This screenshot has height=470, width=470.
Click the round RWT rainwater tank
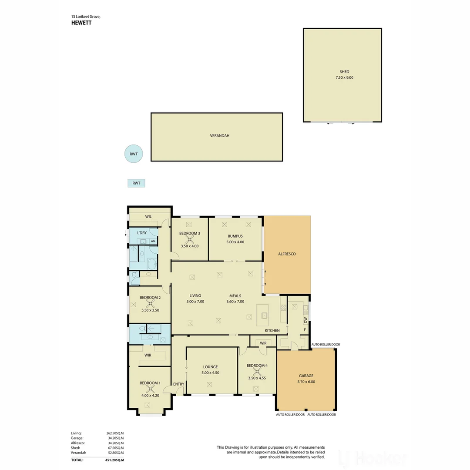tap(133, 154)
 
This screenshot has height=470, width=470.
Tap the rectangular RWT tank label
tap(136, 183)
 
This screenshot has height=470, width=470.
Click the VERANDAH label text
tap(219, 136)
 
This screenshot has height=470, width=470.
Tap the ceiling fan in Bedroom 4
tap(256, 372)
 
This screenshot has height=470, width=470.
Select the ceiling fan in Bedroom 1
tap(151, 389)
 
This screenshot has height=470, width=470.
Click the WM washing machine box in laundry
tap(153, 241)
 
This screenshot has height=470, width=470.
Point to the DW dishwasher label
tap(306, 320)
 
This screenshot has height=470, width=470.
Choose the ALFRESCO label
tap(287, 254)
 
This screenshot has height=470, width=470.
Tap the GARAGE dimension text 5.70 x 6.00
tap(306, 382)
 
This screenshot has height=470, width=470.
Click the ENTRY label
tap(178, 384)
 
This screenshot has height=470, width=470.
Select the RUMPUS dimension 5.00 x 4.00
tap(235, 242)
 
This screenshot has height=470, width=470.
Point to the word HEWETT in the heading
tap(81, 23)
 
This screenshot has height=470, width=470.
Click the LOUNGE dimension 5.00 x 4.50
tap(210, 373)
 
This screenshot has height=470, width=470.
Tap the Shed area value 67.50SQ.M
tap(115, 448)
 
